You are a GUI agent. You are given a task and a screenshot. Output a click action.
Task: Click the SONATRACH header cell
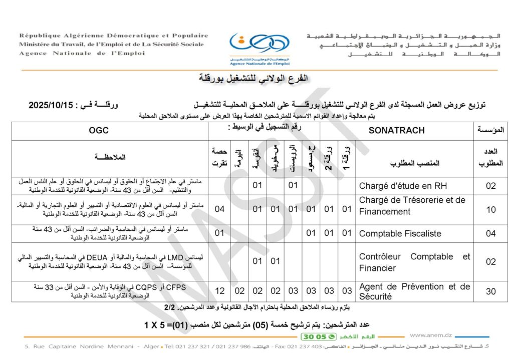(x=396, y=130)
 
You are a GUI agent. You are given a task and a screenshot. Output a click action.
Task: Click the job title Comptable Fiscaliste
(x=400, y=233)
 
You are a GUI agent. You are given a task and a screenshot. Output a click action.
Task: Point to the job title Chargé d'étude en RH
(x=402, y=186)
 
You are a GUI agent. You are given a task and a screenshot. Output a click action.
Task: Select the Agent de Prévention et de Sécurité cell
(x=414, y=291)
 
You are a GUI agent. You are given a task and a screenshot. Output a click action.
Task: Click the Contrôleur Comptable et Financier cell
(x=414, y=262)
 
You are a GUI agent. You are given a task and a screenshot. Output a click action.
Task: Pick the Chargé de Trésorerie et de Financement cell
(x=412, y=205)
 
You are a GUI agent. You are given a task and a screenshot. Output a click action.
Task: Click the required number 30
(x=491, y=291)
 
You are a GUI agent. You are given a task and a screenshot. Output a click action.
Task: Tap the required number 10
(x=491, y=209)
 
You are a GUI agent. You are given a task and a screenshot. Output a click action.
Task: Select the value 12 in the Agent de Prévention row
(x=219, y=291)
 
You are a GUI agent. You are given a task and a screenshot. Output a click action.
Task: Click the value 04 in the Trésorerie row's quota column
(x=219, y=209)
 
